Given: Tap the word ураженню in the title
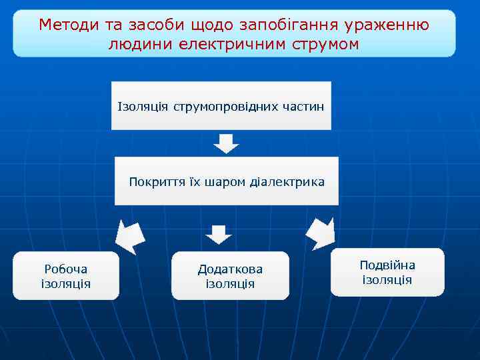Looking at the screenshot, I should [x=387, y=25].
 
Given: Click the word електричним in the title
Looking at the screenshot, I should [x=230, y=44].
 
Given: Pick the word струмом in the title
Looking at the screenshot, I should [x=325, y=44].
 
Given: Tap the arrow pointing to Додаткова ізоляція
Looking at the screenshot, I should [x=218, y=235].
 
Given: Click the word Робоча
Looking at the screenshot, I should [x=65, y=269].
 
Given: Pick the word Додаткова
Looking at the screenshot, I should [x=230, y=269].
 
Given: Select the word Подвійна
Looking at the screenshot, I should [x=387, y=265].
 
